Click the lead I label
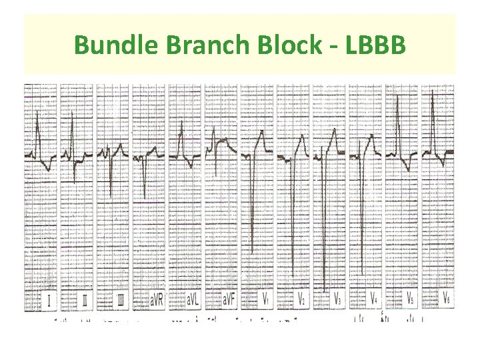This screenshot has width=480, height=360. (48, 300)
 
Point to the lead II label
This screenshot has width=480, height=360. (85, 300)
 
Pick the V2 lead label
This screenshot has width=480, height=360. (301, 300)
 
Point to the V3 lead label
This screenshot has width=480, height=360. (338, 300)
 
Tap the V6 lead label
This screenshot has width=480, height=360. (445, 300)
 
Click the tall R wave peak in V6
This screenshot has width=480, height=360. (433, 91)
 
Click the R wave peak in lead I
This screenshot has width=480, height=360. (38, 116)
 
